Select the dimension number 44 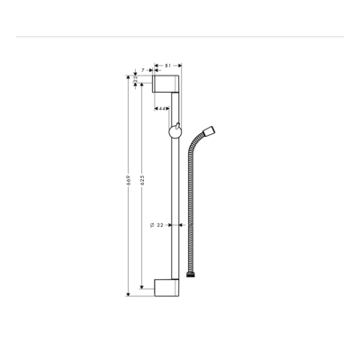161,109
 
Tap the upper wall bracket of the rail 167,85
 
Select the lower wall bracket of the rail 167,288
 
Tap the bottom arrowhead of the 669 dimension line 127,293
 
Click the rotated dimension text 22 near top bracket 136,81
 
